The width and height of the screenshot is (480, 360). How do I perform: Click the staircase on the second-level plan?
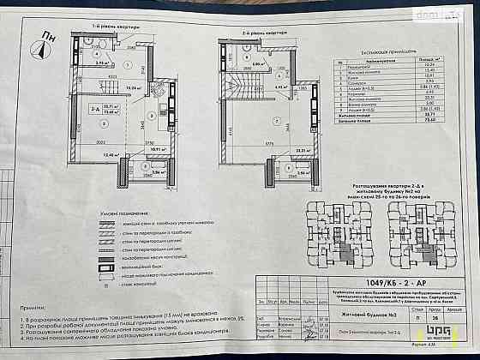[x=233, y=86]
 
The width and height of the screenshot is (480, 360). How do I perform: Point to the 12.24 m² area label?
[x=132, y=87]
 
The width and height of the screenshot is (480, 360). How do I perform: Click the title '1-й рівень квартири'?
[x=105, y=27]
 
